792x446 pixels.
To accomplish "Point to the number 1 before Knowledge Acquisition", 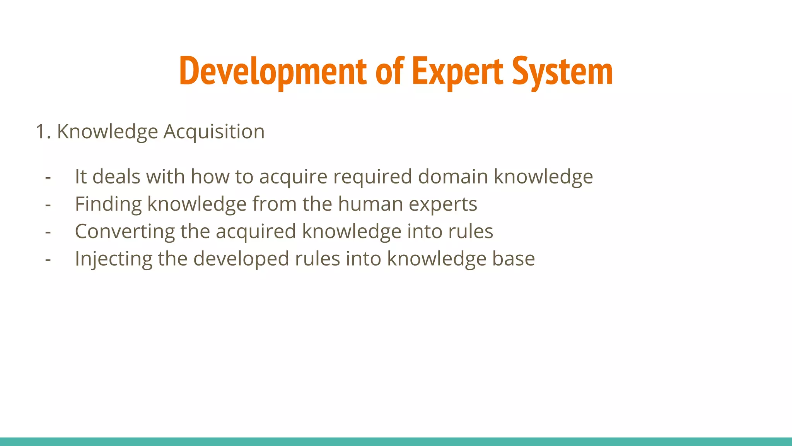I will point(41,132).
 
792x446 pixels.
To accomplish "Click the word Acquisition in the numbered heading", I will point(214,132).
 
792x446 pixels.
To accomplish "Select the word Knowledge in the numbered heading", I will point(108,132).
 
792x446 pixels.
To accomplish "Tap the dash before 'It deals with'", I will point(48,177).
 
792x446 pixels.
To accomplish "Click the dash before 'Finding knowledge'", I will point(48,204).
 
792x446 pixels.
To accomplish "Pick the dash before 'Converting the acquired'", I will point(48,232).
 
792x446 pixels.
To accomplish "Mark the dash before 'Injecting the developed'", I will point(48,259).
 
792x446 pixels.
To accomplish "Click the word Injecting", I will point(113,259).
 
